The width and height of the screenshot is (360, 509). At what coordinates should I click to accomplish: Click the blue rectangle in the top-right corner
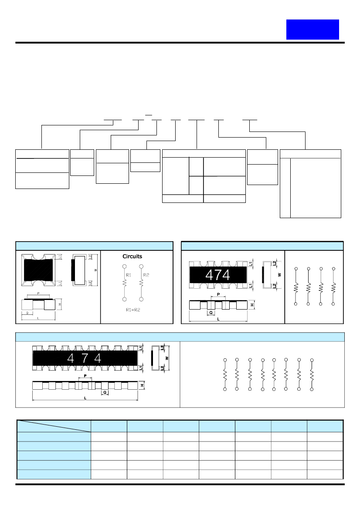point(312,30)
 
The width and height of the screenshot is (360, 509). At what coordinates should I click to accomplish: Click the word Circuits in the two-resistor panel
point(132,256)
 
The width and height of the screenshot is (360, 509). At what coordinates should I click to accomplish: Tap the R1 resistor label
point(128,275)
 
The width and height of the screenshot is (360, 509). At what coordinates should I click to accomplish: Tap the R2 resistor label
point(146,275)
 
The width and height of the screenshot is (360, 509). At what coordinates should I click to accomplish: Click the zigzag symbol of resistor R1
point(125,283)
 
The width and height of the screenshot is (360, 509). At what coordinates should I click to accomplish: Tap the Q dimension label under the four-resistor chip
point(211,312)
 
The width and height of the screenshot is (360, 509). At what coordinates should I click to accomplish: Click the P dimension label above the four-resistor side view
point(217,294)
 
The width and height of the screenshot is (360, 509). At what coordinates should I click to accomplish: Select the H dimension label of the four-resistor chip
point(252,305)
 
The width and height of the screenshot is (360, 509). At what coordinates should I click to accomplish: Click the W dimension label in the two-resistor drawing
point(95,270)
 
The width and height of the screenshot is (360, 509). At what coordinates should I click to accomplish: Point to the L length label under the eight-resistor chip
point(85,398)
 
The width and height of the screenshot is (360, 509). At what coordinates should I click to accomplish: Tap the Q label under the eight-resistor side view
point(105,392)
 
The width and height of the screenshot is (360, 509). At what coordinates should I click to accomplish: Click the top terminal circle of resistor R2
point(142,266)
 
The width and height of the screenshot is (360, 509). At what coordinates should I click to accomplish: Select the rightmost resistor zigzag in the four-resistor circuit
point(333,287)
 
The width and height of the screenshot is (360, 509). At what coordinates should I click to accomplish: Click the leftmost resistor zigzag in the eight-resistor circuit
point(225,374)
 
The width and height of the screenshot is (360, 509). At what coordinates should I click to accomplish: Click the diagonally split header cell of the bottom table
point(54,426)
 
